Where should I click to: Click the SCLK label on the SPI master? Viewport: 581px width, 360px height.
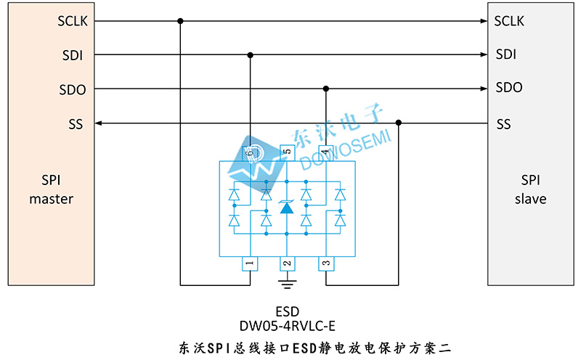pos(73,20)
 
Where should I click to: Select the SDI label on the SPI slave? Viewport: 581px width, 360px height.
pos(505,54)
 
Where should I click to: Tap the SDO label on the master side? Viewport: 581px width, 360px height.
pos(72,90)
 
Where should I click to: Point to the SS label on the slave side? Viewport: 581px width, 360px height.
pos(503,124)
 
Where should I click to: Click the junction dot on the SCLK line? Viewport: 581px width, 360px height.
pos(180,20)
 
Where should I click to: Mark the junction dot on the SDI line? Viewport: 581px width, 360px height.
pos(251,54)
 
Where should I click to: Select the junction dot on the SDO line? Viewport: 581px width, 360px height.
pos(326,89)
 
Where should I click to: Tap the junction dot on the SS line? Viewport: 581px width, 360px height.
pos(398,123)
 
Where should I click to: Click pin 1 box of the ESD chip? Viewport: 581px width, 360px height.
pos(249,263)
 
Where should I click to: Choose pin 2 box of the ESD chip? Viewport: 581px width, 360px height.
pos(287,263)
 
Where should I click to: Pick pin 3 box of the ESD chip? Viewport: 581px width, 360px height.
pos(325,263)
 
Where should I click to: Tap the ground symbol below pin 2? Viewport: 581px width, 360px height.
pos(287,280)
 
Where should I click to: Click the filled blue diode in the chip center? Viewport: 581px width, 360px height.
pos(287,208)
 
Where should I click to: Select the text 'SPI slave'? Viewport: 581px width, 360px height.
pos(530,189)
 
